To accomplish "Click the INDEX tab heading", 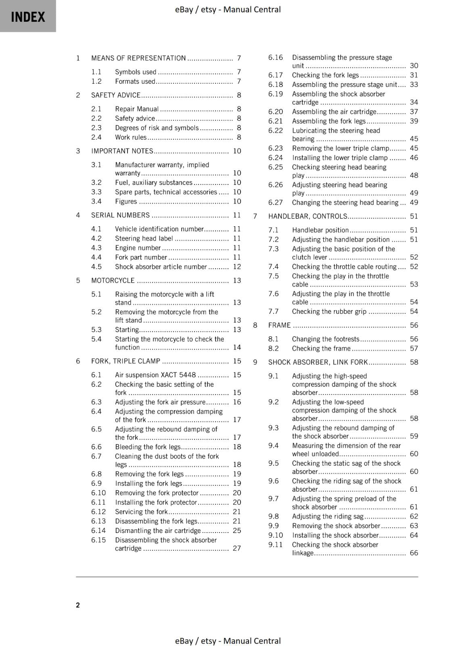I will (28, 17).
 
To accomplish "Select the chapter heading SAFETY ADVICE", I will (116, 95).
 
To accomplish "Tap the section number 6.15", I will (98, 540).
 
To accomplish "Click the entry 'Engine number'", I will (138, 248).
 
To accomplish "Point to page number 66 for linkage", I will (414, 553).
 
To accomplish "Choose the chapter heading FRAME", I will (279, 325).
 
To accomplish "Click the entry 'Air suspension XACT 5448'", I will (155, 375).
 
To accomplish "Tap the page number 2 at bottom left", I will (78, 605).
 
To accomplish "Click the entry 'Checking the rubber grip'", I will (329, 312).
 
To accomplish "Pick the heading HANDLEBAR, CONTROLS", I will (307, 216).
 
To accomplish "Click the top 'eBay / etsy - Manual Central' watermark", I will (228, 10).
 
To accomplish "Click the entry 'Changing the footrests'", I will (326, 339).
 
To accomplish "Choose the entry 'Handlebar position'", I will (320, 230).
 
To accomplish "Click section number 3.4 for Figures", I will (96, 201).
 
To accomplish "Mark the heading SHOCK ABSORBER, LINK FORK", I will (318, 363).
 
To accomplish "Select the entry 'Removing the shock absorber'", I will (336, 526).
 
